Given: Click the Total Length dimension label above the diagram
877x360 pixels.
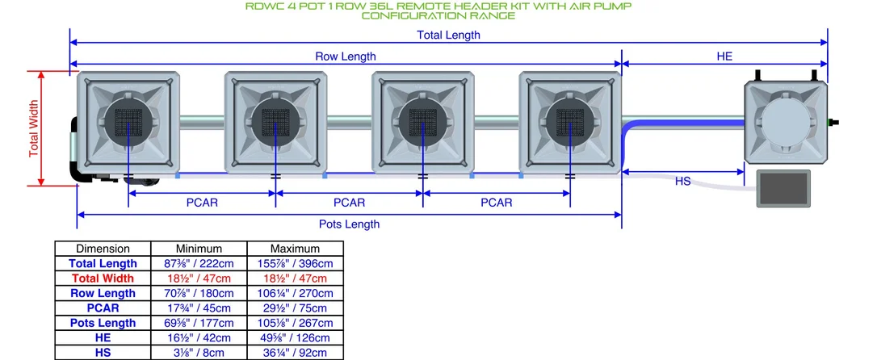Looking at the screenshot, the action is click(448, 35).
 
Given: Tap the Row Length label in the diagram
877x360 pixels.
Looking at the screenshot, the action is click(346, 57).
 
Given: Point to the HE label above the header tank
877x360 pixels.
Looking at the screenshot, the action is click(724, 57).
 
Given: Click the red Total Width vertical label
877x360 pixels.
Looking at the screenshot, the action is click(34, 128).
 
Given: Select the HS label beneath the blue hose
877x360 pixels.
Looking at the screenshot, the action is click(683, 181).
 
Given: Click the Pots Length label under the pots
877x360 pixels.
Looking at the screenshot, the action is click(349, 224).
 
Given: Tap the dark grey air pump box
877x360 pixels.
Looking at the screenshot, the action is click(783, 188).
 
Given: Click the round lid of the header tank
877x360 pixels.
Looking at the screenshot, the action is click(785, 123).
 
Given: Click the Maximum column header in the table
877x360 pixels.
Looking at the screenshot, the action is click(295, 249).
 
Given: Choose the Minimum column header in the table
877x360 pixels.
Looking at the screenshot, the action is click(199, 249).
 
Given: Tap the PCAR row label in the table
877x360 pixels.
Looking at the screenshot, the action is click(103, 308).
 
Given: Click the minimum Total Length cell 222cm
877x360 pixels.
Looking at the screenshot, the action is click(199, 263).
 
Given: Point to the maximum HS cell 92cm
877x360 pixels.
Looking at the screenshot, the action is click(295, 353).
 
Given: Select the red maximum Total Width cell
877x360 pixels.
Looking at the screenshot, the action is click(295, 278).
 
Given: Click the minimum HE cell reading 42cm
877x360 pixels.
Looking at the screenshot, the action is click(199, 337).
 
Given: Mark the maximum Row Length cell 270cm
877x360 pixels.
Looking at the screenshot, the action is click(295, 293).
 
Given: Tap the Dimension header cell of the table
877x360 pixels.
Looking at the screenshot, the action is click(103, 249).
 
